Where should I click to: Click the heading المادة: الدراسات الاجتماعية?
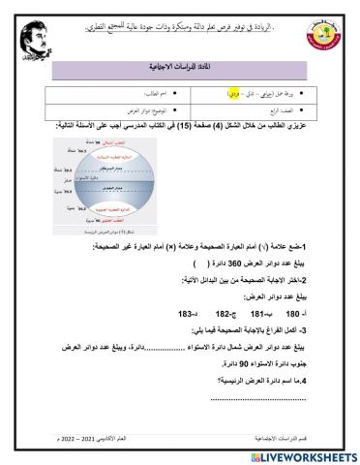pos(199,68)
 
